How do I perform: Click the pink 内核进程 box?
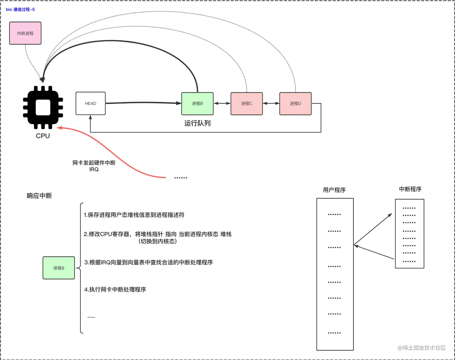25,33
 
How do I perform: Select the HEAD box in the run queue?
90,103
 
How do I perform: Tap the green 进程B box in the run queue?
197,103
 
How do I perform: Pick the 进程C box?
246,103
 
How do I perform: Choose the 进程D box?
295,103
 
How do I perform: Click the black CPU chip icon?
43,107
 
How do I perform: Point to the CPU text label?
43,136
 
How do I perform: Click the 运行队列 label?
197,123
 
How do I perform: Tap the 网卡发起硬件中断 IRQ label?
94,166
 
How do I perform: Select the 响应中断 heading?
39,196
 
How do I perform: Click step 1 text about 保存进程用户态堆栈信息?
134,215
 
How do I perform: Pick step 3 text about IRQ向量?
149,262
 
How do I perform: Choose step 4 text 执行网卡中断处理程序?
115,290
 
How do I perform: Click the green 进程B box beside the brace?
59,268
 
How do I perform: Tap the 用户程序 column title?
334,190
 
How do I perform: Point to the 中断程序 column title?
410,189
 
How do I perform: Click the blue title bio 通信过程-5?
20,9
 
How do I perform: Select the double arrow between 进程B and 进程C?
222,103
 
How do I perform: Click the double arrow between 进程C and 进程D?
271,103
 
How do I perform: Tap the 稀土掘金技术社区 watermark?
422,348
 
